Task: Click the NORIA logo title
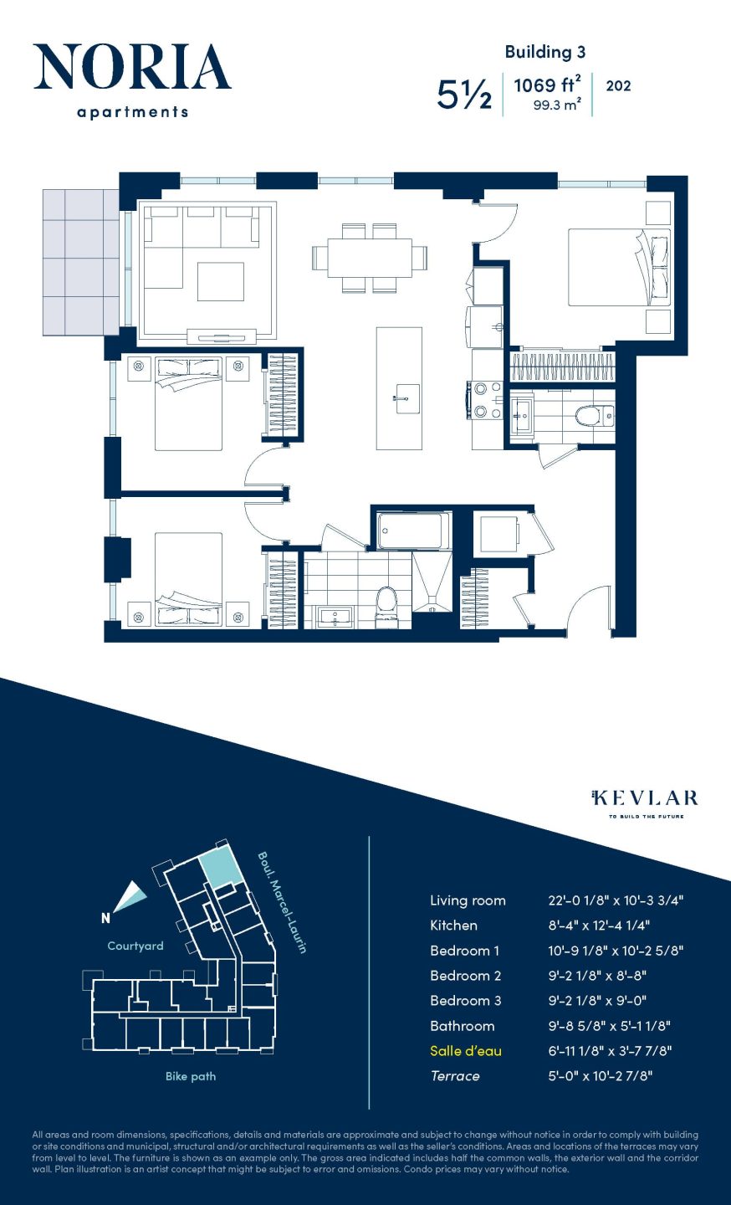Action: coord(132,68)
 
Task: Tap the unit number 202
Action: coord(618,85)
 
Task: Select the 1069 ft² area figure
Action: coord(547,85)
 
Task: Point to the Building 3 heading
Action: coord(544,52)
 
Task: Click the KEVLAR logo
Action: coord(645,798)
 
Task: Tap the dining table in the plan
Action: coord(370,258)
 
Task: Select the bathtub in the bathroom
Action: coord(410,530)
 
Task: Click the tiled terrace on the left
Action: coord(81,261)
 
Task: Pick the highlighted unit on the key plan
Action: coord(222,867)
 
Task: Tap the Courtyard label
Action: coord(135,946)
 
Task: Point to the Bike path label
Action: coord(191,1076)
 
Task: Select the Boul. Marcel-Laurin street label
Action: coord(282,902)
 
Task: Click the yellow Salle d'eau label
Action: coord(466,1051)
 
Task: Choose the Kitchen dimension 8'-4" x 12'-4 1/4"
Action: coord(599,926)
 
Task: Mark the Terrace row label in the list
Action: coord(455,1076)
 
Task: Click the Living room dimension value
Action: coord(616,900)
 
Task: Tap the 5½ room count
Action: coord(464,95)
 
